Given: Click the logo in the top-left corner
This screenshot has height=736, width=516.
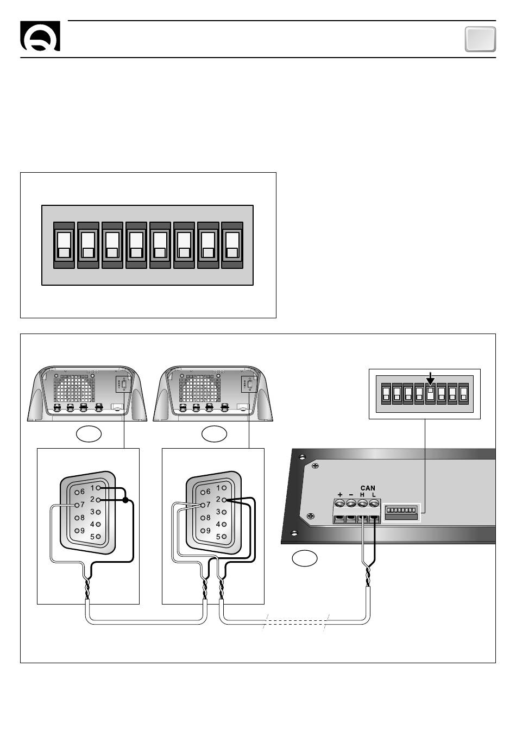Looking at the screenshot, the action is click(40, 36).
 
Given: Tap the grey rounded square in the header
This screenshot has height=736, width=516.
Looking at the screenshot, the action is click(480, 40).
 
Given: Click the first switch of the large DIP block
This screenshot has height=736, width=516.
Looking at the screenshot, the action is click(64, 245).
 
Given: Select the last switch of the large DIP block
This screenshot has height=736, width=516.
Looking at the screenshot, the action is click(232, 245).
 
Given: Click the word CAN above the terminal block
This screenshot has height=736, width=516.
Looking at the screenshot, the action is click(368, 488).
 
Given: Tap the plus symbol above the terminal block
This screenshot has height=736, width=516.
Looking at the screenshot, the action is click(340, 494).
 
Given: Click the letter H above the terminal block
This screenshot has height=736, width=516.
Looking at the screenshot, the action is click(362, 494).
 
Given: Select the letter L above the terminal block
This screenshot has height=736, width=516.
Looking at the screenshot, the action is click(374, 494).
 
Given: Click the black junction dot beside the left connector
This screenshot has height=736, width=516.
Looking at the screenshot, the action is click(125, 500).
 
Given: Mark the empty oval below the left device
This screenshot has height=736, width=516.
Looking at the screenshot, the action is click(89, 433).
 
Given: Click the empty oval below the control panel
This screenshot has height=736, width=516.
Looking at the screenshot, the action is click(305, 558).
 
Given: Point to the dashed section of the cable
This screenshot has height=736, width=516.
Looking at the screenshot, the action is click(296, 622).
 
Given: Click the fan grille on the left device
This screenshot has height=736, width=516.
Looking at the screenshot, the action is click(74, 388).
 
